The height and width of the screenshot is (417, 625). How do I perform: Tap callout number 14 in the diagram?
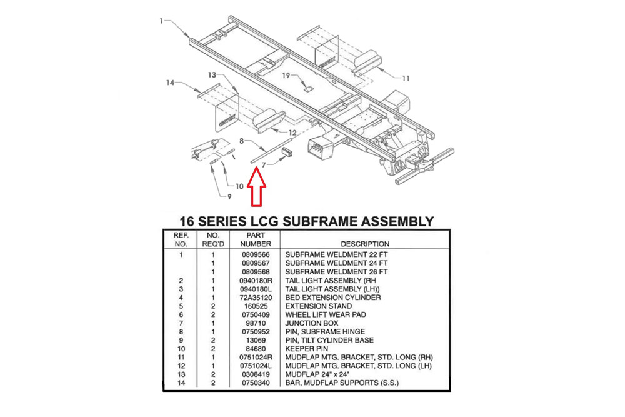click(x=169, y=83)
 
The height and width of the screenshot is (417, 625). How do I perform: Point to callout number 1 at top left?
click(x=161, y=21)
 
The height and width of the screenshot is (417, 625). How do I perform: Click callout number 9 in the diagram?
click(x=229, y=197)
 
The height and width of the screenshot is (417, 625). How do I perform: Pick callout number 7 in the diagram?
click(x=264, y=164)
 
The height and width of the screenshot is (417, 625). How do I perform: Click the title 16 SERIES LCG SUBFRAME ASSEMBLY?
click(x=306, y=221)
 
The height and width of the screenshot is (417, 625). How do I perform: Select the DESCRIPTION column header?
click(x=364, y=243)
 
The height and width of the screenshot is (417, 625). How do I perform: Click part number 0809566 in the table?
click(x=255, y=255)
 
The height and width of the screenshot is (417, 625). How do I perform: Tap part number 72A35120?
click(x=255, y=298)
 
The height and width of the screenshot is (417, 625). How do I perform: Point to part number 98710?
click(x=255, y=323)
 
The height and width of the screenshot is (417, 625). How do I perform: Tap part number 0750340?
click(x=255, y=382)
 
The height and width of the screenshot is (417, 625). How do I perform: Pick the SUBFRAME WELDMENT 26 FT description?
click(x=336, y=272)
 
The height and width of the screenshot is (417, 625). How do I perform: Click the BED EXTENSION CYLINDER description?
click(x=333, y=298)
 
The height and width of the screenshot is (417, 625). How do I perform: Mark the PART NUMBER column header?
click(x=255, y=239)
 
